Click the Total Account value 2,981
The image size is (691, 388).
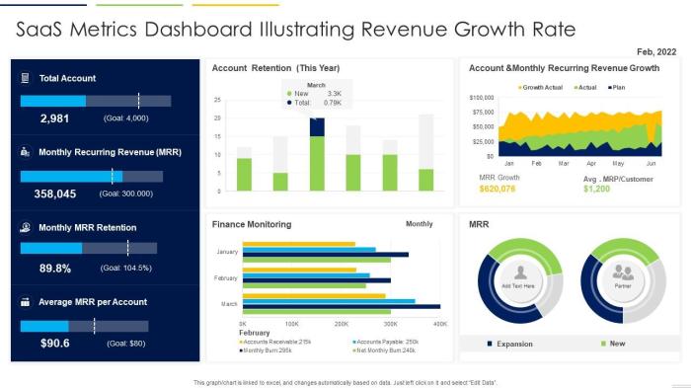54,118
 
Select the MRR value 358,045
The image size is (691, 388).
54,194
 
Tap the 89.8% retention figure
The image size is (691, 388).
54,268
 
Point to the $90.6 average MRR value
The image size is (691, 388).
54,343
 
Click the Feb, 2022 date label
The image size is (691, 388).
656,50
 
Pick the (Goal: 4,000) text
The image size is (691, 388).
125,118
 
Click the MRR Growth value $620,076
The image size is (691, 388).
498,189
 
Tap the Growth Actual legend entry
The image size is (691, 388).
541,87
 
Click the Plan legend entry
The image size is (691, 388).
617,87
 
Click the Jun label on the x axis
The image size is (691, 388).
651,163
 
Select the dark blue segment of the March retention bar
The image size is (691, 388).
317,126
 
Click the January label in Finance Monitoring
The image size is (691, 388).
227,253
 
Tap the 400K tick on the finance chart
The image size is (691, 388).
440,324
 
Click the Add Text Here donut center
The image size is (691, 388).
518,285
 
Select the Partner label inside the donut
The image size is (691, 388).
623,285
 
